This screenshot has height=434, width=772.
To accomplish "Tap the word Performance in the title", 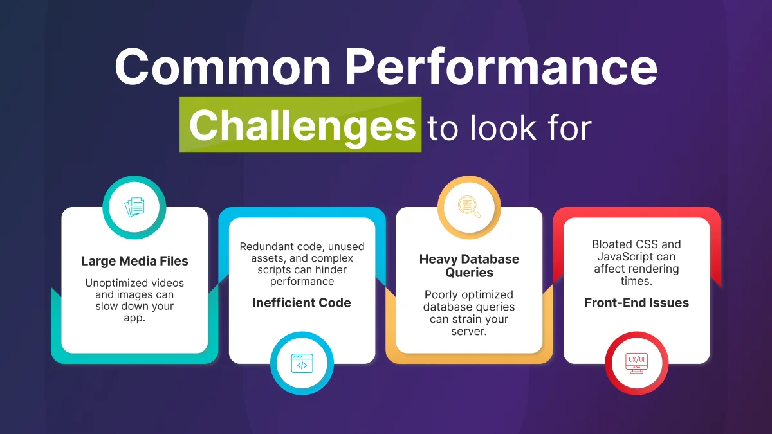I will tap(499, 68).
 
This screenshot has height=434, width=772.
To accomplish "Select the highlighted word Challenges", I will tap(302, 125).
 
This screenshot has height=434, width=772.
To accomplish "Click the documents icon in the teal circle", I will tap(134, 207).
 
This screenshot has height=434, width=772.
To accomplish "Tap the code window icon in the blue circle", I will tap(302, 363).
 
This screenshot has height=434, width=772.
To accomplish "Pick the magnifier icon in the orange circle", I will tap(469, 207).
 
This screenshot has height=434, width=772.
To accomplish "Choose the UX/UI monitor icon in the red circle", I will tap(636, 363).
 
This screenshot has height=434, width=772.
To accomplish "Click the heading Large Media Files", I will tap(134, 261).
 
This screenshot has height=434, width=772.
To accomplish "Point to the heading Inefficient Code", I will tap(302, 303).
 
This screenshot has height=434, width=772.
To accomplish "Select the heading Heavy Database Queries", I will tap(469, 266).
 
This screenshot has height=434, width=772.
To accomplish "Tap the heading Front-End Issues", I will tap(636, 303).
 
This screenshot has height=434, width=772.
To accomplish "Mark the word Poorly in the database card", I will tap(441, 295).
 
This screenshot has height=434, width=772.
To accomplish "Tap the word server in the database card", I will tap(469, 331).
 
